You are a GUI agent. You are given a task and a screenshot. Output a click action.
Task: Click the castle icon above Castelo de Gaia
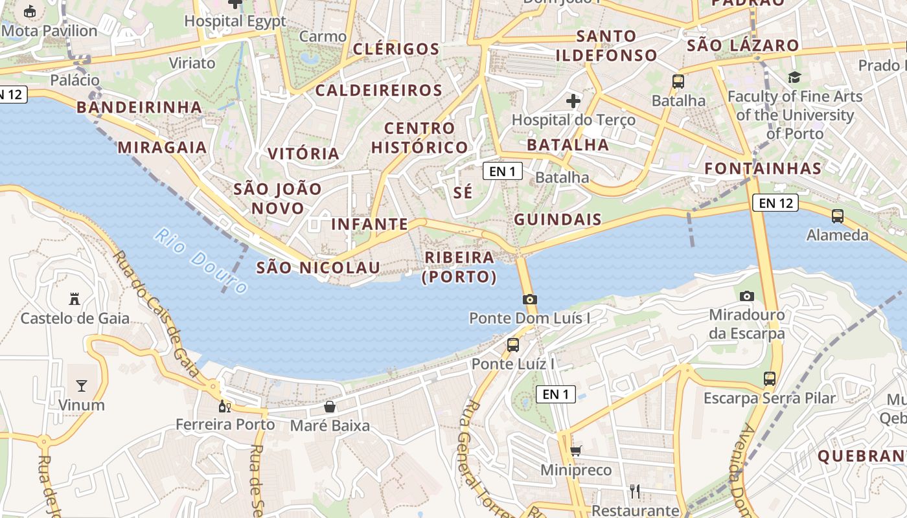pos(74,298)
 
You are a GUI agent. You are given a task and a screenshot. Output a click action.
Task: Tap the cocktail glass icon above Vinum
pos(82,386)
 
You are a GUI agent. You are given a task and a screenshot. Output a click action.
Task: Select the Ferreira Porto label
pos(225,425)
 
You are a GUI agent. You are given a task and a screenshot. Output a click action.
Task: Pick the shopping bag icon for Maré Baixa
pos(330,407)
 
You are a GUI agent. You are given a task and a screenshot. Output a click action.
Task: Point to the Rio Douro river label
pos(201,261)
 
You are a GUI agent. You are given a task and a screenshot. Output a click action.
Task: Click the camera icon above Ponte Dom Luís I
pos(530,299)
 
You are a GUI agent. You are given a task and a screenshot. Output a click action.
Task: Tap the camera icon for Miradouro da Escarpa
pos(747,296)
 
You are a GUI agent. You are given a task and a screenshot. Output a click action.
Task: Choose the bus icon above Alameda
pos(838,216)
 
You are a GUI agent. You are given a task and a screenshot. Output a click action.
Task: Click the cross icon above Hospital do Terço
pos(573,101)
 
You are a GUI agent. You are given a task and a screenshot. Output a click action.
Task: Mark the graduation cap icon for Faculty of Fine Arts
pos(794,78)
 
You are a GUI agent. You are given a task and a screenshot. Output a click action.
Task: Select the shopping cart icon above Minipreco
pos(575,451)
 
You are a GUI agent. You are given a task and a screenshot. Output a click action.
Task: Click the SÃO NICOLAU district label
pos(318,267)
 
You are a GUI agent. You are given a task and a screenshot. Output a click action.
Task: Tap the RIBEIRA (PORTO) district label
pos(459,267)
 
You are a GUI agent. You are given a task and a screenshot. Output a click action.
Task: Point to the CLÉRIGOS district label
pos(396,49)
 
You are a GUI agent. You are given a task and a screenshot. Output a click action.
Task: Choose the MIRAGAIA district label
pos(162,148)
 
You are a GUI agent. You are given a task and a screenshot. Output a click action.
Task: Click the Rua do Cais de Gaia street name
pos(155,314)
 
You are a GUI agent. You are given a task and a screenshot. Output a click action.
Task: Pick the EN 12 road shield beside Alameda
pos(775,203)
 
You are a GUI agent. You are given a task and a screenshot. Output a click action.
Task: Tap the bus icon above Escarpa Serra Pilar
pos(770,378)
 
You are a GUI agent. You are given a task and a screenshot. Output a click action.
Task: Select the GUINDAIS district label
pos(558,220)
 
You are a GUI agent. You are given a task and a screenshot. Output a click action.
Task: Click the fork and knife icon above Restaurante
pos(635,491)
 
